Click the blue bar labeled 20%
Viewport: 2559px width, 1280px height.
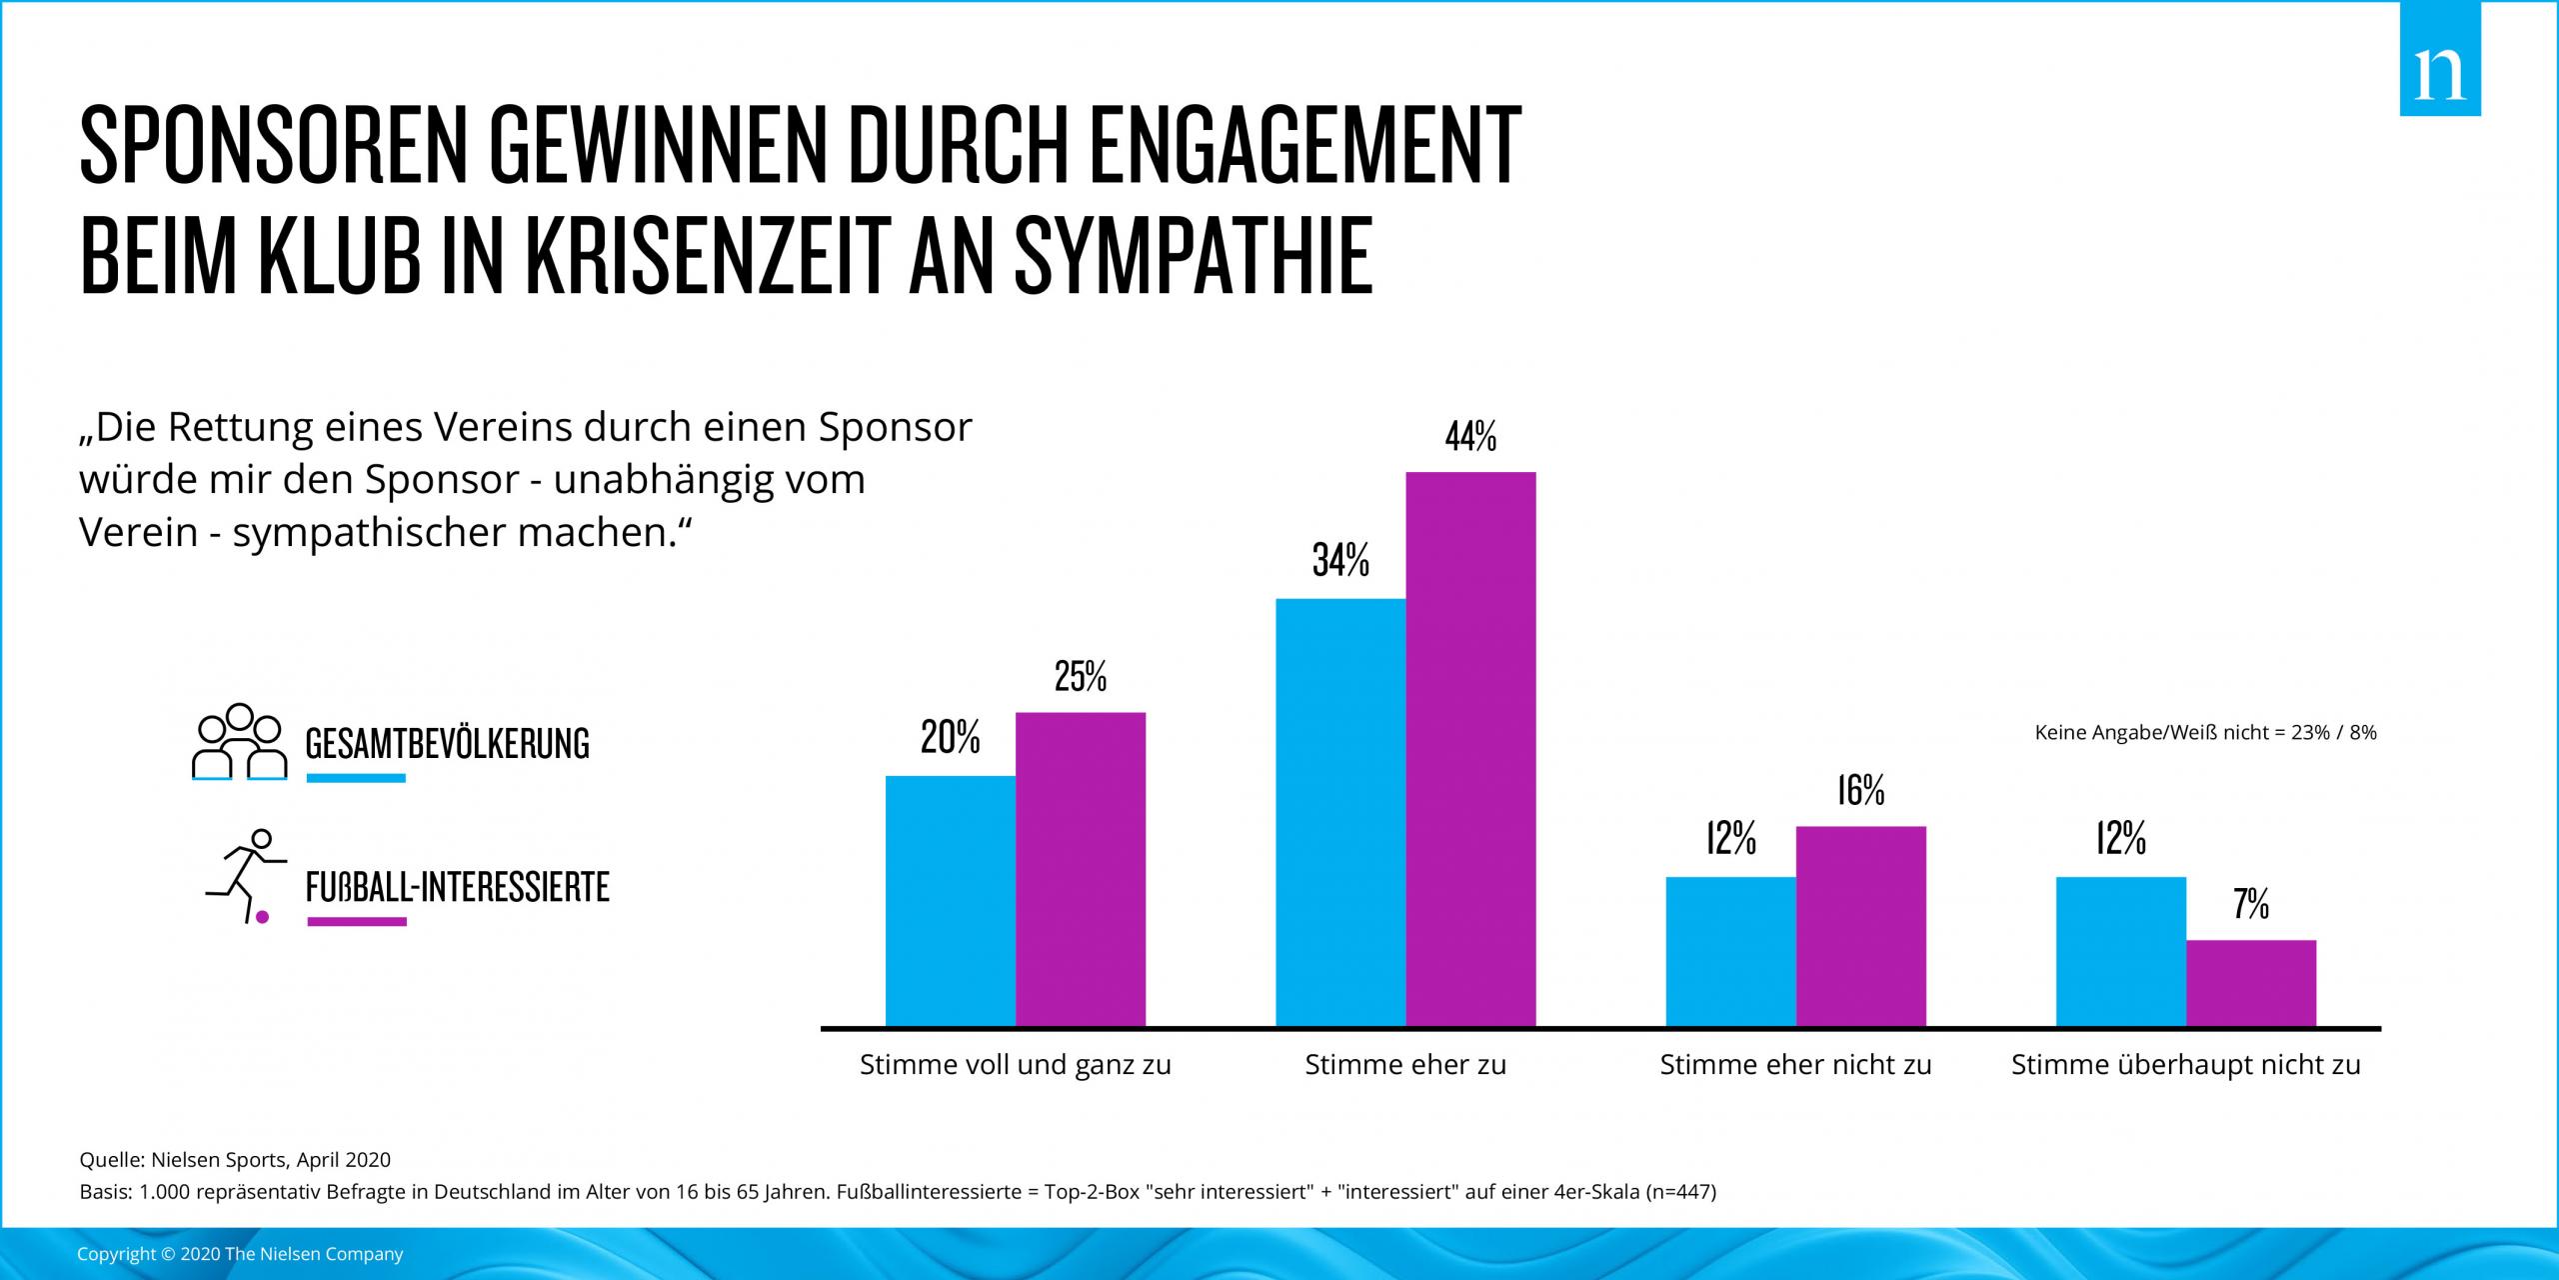coord(951,900)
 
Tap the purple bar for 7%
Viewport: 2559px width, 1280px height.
coord(2250,982)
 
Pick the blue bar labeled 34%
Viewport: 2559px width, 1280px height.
coord(1340,812)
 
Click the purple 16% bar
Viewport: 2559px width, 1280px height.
coord(1860,925)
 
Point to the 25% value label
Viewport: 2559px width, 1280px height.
coord(1081,677)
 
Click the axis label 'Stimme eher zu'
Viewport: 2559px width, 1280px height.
coord(1405,1065)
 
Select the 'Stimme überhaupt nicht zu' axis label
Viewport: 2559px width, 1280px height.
coord(2185,1065)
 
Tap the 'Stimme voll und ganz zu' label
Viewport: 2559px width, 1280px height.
coord(1016,1065)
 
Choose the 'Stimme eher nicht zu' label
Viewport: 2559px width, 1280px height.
coord(1795,1065)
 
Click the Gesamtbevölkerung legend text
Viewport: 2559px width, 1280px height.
coord(447,744)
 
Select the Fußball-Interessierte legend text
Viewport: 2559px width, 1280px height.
coord(457,887)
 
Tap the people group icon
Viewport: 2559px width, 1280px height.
coord(239,742)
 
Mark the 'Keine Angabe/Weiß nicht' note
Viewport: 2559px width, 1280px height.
coord(2205,733)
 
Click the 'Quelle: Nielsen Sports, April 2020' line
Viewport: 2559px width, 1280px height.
coord(235,1160)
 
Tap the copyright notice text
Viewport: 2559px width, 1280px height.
coord(240,1254)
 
